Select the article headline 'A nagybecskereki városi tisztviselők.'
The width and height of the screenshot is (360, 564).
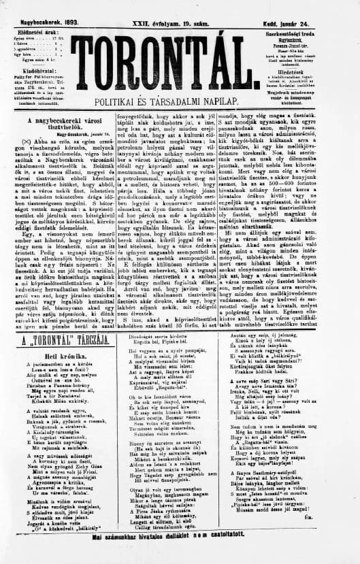point(56,124)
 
